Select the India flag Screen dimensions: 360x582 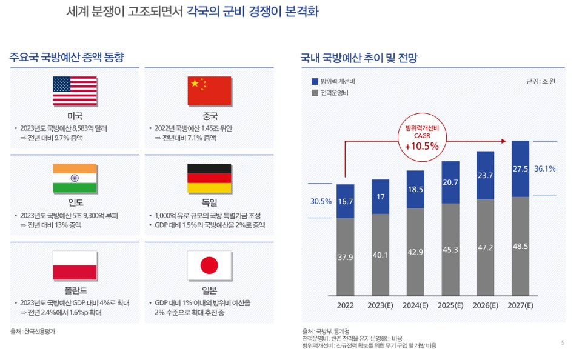75,178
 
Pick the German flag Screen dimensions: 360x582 209,178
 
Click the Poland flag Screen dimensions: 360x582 75,264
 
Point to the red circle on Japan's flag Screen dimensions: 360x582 209,265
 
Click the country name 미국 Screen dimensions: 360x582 75,116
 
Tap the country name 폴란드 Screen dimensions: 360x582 75,290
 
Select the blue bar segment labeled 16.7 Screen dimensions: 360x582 346,201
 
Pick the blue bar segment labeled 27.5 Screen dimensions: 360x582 521,168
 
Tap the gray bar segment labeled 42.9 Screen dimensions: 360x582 415,251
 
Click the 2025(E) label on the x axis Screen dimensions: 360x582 450,305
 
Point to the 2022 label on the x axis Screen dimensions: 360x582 346,305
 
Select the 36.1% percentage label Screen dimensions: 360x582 546,169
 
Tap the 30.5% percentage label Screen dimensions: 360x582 321,201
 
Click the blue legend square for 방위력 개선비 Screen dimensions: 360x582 314,81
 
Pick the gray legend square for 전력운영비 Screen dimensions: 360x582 314,93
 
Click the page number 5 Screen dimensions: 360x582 563,343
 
